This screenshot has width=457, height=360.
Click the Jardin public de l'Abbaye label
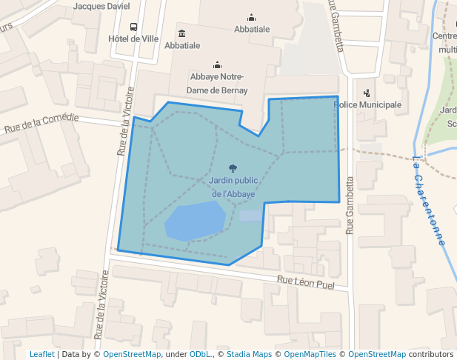coord(233,187)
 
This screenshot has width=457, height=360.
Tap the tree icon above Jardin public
coord(233,168)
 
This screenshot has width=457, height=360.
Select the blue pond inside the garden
coord(195,220)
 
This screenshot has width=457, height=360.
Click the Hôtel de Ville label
coord(133,39)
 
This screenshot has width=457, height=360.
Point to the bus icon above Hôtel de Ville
coord(133,26)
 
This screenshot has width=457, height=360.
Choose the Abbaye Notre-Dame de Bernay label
coord(217,83)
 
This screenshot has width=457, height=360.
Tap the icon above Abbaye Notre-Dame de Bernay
coord(217,64)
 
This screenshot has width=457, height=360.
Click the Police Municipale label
coord(368,104)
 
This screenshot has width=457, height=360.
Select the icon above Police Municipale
coord(367,93)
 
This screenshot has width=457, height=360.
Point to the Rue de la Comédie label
coord(41,122)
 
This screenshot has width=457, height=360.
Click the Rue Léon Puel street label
coord(306,282)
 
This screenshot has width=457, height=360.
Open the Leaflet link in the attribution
coord(41,354)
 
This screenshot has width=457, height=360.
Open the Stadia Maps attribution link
coord(249,354)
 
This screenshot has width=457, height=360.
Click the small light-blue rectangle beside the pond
coord(250,216)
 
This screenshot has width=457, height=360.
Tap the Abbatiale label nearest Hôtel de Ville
coord(182,45)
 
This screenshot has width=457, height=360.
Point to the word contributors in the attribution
coord(431,354)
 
